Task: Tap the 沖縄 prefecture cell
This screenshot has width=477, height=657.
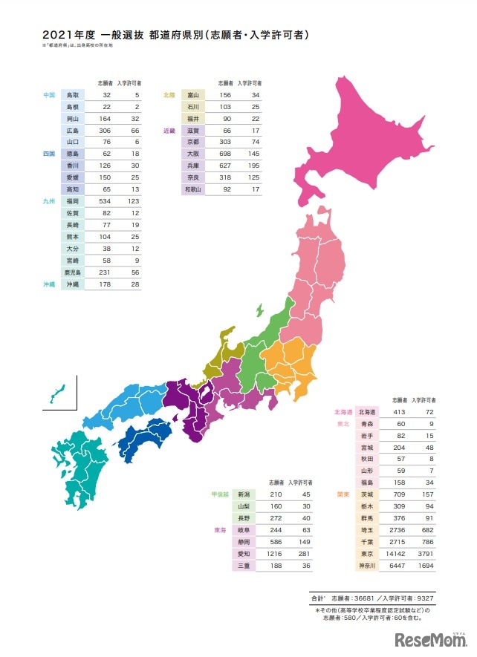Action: [73, 284]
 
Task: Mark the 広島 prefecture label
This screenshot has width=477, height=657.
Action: [73, 131]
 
